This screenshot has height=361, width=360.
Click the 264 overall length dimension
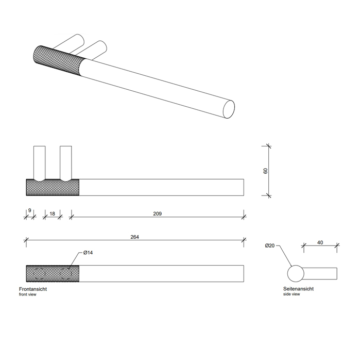(x=134, y=237)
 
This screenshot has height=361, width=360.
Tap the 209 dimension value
(x=158, y=214)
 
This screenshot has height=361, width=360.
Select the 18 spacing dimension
(x=53, y=214)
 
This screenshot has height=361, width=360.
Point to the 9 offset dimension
(x=30, y=210)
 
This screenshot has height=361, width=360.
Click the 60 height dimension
(x=266, y=171)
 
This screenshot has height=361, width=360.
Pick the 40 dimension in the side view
(x=320, y=242)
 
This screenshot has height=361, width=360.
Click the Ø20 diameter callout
(x=270, y=245)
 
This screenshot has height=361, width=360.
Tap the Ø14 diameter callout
(x=88, y=253)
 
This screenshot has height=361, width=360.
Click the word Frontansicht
(x=33, y=289)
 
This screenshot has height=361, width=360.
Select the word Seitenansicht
(x=298, y=289)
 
